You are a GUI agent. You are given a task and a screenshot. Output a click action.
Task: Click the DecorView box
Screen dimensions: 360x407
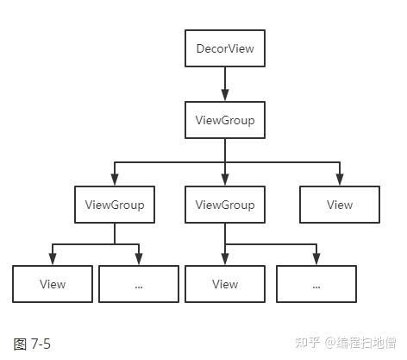225,48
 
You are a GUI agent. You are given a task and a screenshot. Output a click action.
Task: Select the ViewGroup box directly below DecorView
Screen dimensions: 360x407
225,120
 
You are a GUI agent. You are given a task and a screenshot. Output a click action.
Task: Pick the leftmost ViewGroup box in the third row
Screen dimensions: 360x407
115,205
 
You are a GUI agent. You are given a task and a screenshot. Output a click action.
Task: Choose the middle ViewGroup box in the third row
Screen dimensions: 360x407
225,205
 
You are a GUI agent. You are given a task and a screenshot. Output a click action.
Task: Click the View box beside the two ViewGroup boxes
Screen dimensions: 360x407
340,205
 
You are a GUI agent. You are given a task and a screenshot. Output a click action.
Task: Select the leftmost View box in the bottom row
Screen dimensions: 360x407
53,284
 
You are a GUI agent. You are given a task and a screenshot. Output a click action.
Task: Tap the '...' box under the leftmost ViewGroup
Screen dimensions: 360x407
139,284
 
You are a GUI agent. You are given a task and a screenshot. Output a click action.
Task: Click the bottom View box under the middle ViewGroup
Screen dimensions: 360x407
225,284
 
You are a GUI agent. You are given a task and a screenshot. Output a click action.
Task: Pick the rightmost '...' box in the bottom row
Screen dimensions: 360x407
316,284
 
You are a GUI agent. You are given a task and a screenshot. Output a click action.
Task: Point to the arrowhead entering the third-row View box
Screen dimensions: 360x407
340,181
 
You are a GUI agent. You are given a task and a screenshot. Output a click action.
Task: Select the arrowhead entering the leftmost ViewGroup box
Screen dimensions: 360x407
115,181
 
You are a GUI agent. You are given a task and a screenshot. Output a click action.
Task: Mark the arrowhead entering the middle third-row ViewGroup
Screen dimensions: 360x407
225,181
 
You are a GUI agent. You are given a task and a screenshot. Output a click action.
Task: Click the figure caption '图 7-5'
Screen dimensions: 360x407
33,344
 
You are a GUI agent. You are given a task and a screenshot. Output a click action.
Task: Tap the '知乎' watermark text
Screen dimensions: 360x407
308,343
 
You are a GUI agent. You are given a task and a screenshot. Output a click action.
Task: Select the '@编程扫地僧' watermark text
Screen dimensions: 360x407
361,343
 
